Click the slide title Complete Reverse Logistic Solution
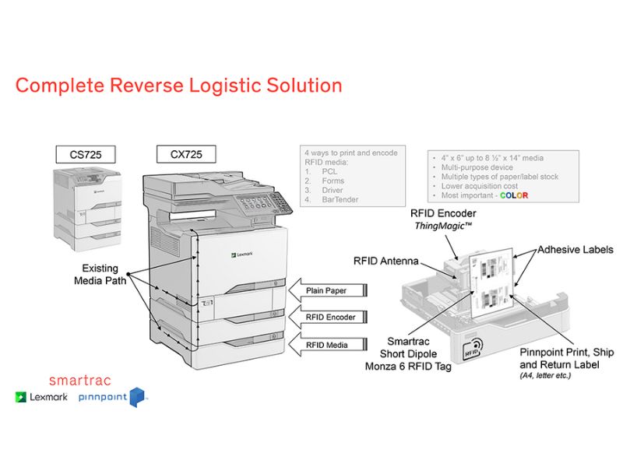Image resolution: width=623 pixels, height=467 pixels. click(x=178, y=85)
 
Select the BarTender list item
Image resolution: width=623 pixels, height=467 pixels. click(x=343, y=200)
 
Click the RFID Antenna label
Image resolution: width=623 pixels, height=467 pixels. click(x=386, y=262)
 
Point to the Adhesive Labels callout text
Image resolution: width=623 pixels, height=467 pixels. click(x=575, y=250)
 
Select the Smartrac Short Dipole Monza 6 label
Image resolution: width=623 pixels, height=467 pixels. click(x=408, y=353)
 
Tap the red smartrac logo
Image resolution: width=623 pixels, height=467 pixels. click(x=79, y=381)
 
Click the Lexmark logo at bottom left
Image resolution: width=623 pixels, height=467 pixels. click(x=40, y=397)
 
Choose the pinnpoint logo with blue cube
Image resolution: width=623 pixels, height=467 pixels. click(x=112, y=397)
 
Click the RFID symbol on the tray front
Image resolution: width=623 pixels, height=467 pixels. click(x=471, y=350)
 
